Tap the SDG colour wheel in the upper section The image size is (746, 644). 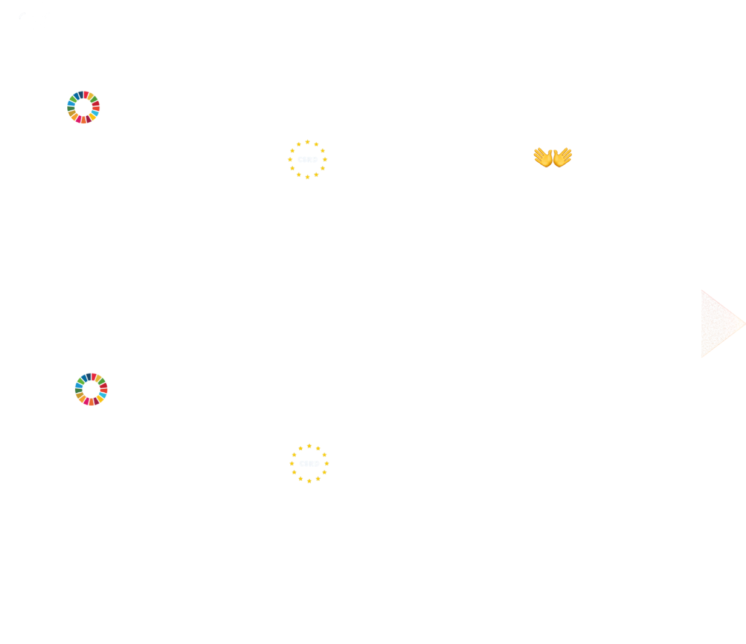pyautogui.click(x=84, y=107)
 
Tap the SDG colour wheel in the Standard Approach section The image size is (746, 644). pyautogui.click(x=91, y=389)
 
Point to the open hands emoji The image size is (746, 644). pyautogui.click(x=553, y=157)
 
